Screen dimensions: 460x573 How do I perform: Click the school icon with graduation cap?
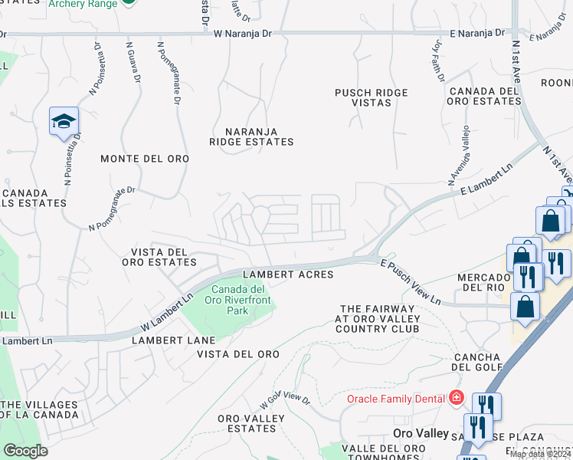tap(64, 121)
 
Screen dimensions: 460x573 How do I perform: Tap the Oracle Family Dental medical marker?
tap(457, 398)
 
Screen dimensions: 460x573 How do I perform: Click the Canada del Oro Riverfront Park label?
tap(238, 300)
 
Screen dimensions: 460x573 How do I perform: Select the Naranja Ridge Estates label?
tap(253, 136)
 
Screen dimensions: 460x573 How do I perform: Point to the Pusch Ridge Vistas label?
tap(371, 97)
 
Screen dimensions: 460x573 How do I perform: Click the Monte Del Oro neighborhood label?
tap(145, 159)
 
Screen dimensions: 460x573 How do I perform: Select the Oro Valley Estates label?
tap(251, 423)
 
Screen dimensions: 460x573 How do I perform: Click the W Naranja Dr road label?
tap(243, 34)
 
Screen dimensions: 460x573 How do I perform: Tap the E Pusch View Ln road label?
tap(411, 281)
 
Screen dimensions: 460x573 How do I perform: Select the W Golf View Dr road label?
tap(284, 399)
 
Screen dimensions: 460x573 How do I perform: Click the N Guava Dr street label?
tap(133, 61)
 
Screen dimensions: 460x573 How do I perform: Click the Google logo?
tap(25, 451)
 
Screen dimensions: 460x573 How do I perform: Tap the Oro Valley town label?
tap(421, 433)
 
